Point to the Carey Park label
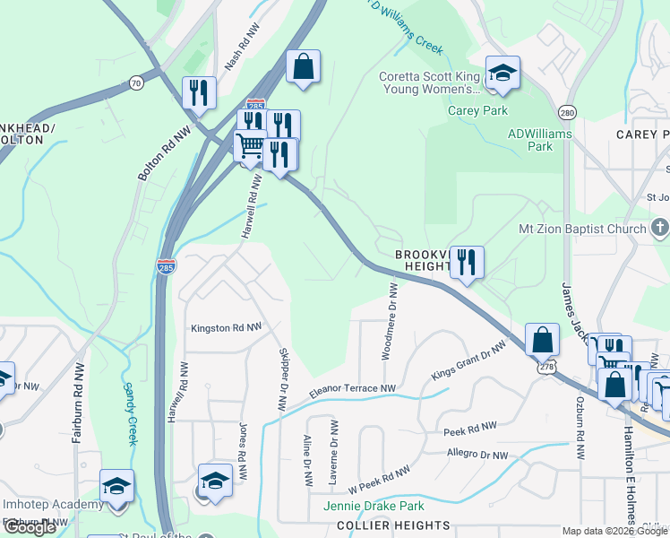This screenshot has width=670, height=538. click(x=477, y=111)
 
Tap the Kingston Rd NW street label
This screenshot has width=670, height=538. click(x=226, y=328)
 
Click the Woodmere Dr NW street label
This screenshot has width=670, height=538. click(x=390, y=320)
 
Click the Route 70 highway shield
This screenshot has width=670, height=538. click(x=136, y=83)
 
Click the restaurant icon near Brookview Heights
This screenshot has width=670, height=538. click(x=466, y=262)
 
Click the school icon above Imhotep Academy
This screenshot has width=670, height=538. click(x=116, y=487)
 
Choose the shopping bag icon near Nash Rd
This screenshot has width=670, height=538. click(x=304, y=65)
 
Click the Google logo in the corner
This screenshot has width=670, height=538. click(x=30, y=527)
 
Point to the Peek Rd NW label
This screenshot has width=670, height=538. click(x=470, y=431)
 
